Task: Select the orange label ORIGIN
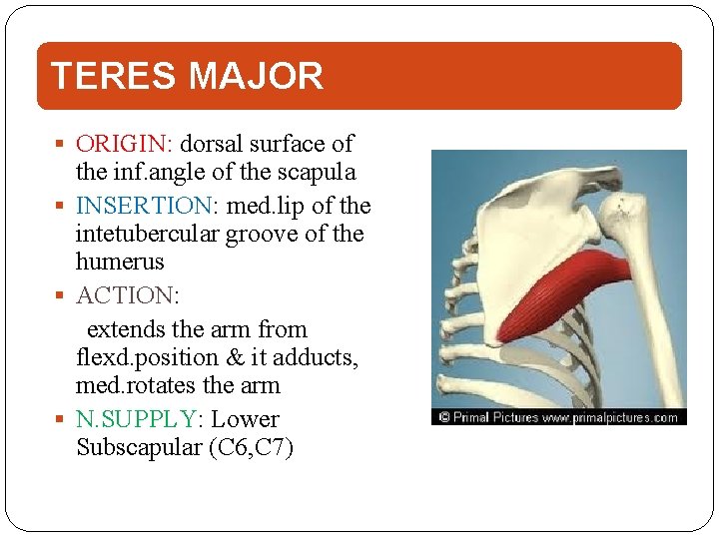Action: tap(114, 144)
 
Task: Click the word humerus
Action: tap(120, 263)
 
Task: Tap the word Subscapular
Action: tap(138, 447)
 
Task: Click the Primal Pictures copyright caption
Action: tap(558, 417)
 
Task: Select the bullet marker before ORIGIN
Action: tap(62, 145)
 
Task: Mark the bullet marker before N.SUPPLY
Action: tap(62, 420)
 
